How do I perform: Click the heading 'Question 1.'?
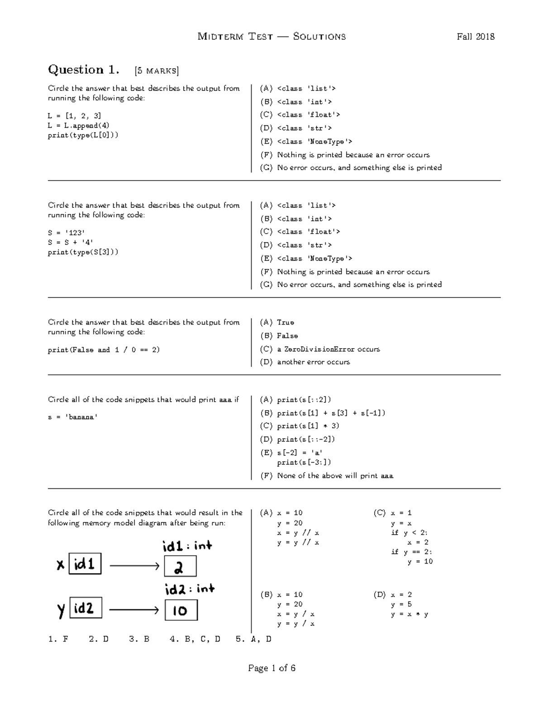click(84, 70)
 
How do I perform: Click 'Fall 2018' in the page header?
click(475, 37)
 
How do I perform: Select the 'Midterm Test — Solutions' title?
click(271, 37)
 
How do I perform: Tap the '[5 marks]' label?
click(157, 71)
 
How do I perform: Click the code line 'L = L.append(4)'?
click(78, 125)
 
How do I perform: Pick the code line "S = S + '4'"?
click(71, 242)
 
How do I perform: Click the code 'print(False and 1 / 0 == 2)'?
click(104, 350)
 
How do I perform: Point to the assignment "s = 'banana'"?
click(73, 417)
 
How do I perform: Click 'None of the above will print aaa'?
click(335, 476)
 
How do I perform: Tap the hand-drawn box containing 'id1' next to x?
click(85, 564)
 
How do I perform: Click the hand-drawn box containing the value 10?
click(181, 610)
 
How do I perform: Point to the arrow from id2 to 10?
click(134, 610)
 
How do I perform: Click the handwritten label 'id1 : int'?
click(187, 546)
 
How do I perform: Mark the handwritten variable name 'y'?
click(61, 610)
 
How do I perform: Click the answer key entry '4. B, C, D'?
click(195, 639)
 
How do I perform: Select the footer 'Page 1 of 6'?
click(271, 668)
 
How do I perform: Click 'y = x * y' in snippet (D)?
click(410, 614)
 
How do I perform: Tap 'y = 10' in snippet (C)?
click(420, 561)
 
